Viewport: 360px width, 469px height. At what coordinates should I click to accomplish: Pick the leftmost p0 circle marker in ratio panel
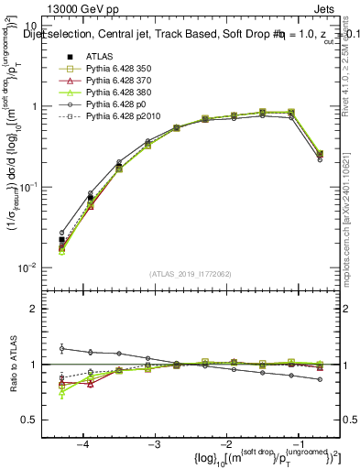point(62,348)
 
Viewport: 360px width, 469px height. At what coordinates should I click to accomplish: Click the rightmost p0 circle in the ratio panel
point(319,379)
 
